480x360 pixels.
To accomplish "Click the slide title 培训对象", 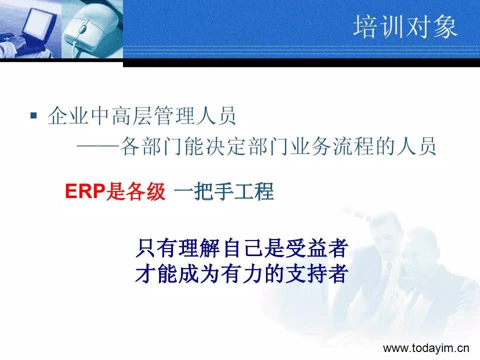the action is click(x=405, y=27).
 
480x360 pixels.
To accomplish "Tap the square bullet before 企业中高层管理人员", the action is click(x=33, y=115).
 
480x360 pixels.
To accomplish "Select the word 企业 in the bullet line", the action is click(x=68, y=115).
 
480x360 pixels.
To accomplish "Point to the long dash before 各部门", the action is click(x=97, y=147).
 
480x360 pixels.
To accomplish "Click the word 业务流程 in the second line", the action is click(x=331, y=146).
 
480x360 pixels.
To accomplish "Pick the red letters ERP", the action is click(x=85, y=191).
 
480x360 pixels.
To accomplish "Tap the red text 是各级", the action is click(x=135, y=191).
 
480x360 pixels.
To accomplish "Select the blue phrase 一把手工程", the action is click(x=224, y=191).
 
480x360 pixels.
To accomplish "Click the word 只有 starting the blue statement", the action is click(x=156, y=247).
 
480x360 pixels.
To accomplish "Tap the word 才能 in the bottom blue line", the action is click(x=156, y=273).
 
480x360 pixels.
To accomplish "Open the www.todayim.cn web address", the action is click(x=426, y=348).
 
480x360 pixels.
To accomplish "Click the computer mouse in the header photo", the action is click(x=89, y=29).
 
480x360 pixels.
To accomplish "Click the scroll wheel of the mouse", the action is click(x=82, y=28).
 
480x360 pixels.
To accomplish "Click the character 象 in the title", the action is click(x=445, y=27).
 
